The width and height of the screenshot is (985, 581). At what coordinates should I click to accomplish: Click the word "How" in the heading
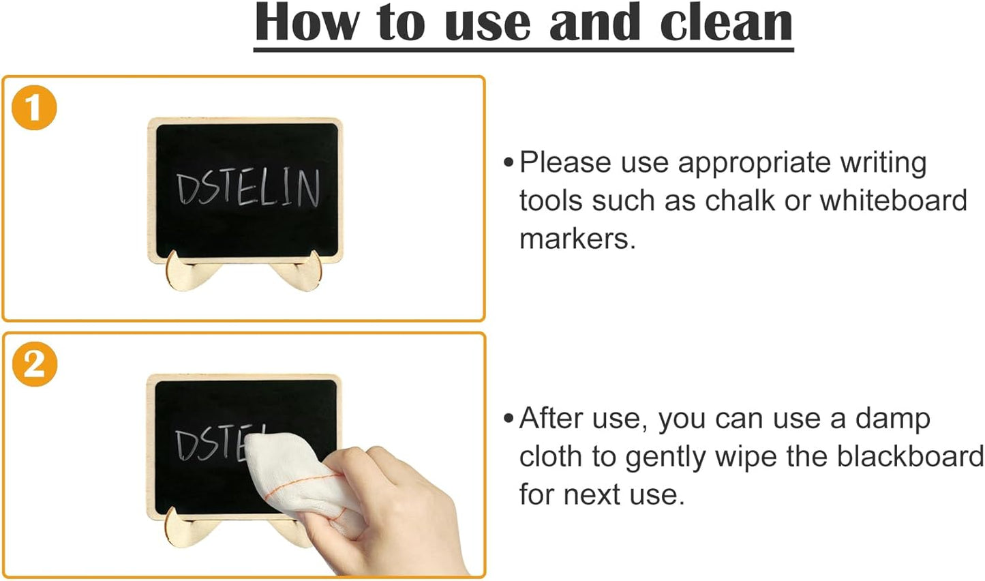click(307, 23)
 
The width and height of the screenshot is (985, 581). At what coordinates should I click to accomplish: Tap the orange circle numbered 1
click(34, 108)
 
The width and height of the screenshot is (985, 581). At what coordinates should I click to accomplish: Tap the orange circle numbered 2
click(34, 364)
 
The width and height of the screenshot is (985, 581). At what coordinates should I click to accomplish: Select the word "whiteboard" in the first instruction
click(893, 200)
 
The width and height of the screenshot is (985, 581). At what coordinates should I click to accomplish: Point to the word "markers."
click(577, 239)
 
